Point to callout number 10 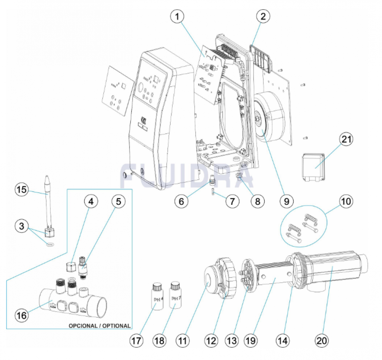click(x=347, y=201)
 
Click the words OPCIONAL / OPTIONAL click(x=99, y=326)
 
